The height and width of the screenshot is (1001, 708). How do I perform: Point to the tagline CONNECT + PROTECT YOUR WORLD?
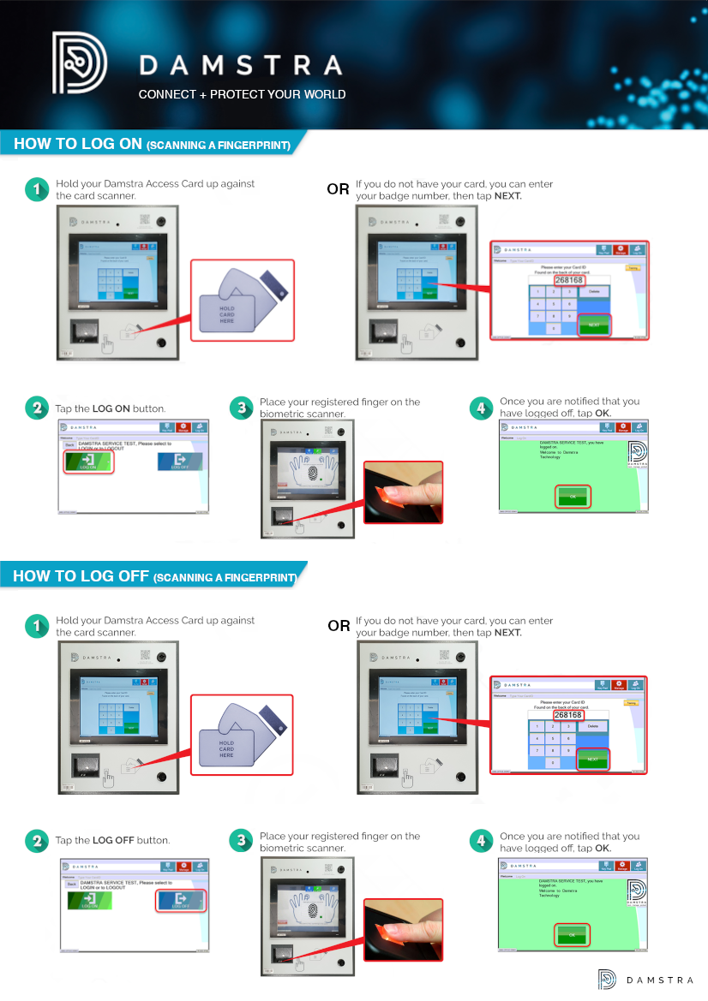242,94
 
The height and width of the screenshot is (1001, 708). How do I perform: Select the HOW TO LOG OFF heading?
154,576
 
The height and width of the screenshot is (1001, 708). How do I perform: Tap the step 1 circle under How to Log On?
36,189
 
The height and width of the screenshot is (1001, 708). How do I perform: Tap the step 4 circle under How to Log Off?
481,841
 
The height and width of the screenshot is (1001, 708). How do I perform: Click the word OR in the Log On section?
338,190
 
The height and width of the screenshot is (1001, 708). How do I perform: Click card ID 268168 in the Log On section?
569,280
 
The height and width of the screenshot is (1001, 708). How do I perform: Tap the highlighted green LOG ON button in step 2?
89,462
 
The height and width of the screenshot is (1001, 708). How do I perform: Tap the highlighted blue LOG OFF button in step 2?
181,899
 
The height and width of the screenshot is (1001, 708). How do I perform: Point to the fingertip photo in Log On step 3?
404,492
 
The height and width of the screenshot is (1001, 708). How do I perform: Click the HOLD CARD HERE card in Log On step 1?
226,313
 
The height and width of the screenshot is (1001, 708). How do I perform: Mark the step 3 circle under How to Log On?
241,408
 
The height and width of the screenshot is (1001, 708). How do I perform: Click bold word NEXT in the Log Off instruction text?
507,633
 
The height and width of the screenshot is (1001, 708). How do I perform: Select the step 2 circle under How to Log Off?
36,841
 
